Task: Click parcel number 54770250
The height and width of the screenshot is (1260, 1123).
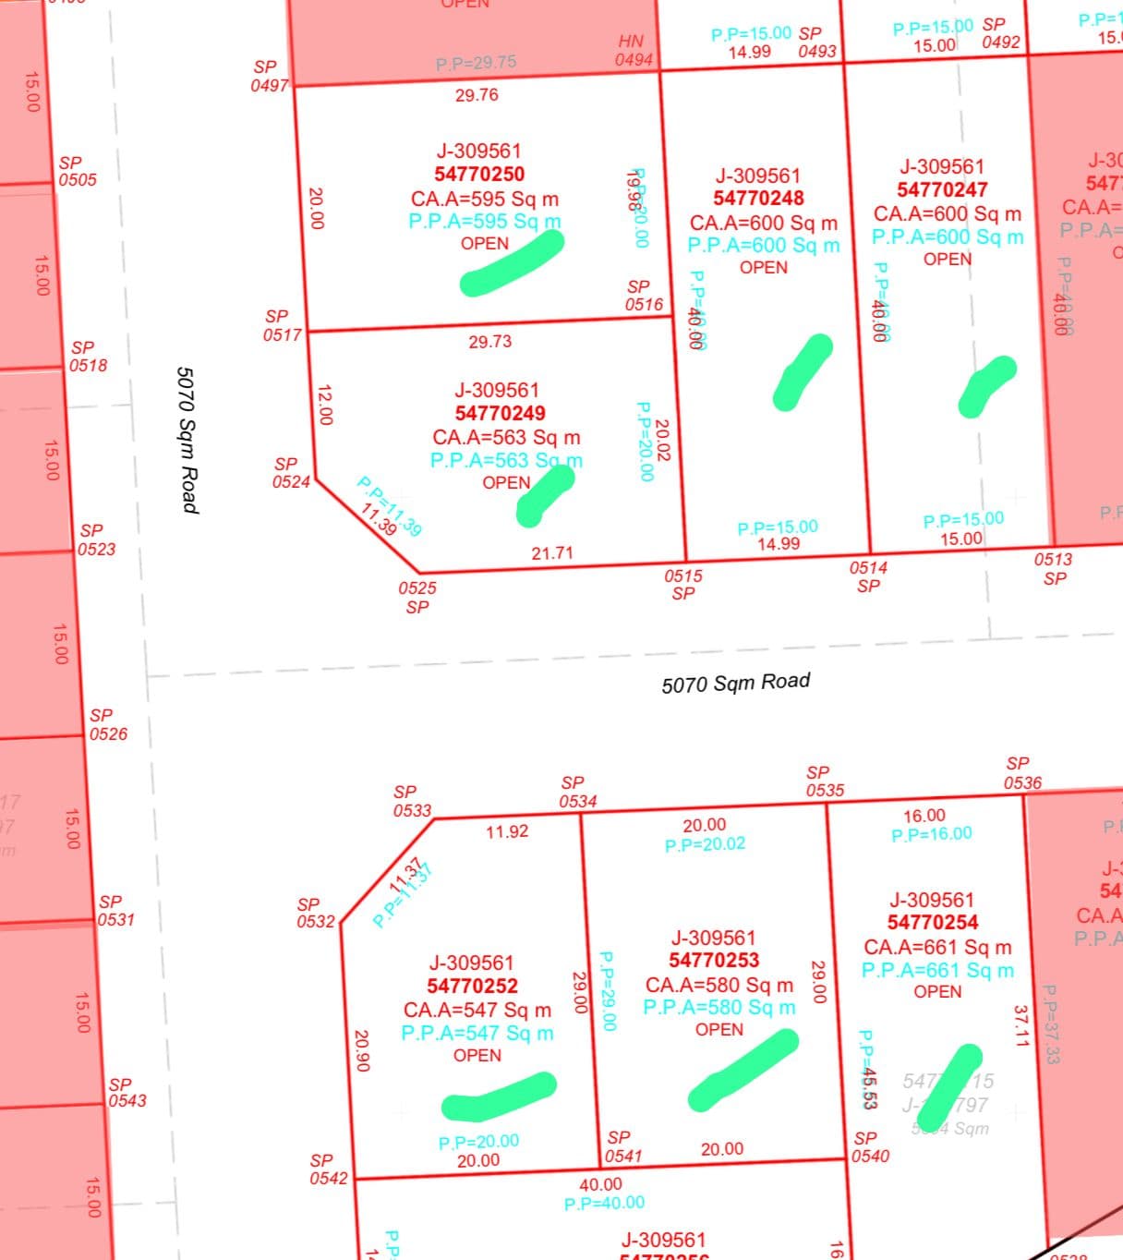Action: (x=479, y=175)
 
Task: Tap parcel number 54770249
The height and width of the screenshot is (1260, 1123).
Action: (x=500, y=414)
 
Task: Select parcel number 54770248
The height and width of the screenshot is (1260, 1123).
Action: (x=758, y=199)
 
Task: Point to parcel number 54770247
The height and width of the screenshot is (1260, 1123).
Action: (x=942, y=190)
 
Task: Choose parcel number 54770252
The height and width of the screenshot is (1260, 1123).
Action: (x=472, y=987)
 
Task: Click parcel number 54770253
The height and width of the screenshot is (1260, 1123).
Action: (x=714, y=961)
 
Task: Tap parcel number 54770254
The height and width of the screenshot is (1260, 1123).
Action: (x=933, y=923)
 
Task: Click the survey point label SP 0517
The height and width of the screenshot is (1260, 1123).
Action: (x=283, y=326)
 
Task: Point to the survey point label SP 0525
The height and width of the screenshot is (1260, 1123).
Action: (x=417, y=597)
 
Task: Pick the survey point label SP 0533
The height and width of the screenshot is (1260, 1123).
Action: (x=412, y=801)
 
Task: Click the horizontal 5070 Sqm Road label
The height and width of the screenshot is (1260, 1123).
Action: (x=736, y=683)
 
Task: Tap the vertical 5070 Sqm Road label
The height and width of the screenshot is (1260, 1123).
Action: (x=187, y=439)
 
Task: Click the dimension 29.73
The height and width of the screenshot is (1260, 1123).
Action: (x=489, y=342)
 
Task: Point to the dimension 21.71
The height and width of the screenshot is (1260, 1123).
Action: (x=552, y=553)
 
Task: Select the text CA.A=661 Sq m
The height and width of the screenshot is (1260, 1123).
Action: (x=937, y=948)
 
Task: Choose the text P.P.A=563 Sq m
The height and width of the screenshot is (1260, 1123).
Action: (x=506, y=460)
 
